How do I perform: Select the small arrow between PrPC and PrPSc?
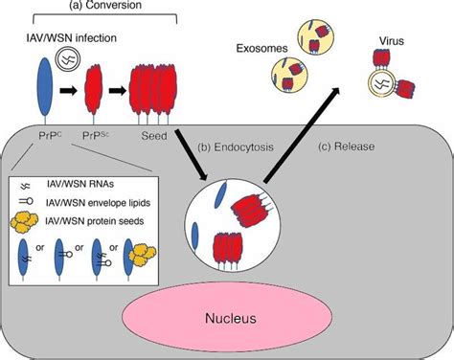point(72,97)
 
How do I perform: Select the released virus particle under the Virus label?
point(391,88)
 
